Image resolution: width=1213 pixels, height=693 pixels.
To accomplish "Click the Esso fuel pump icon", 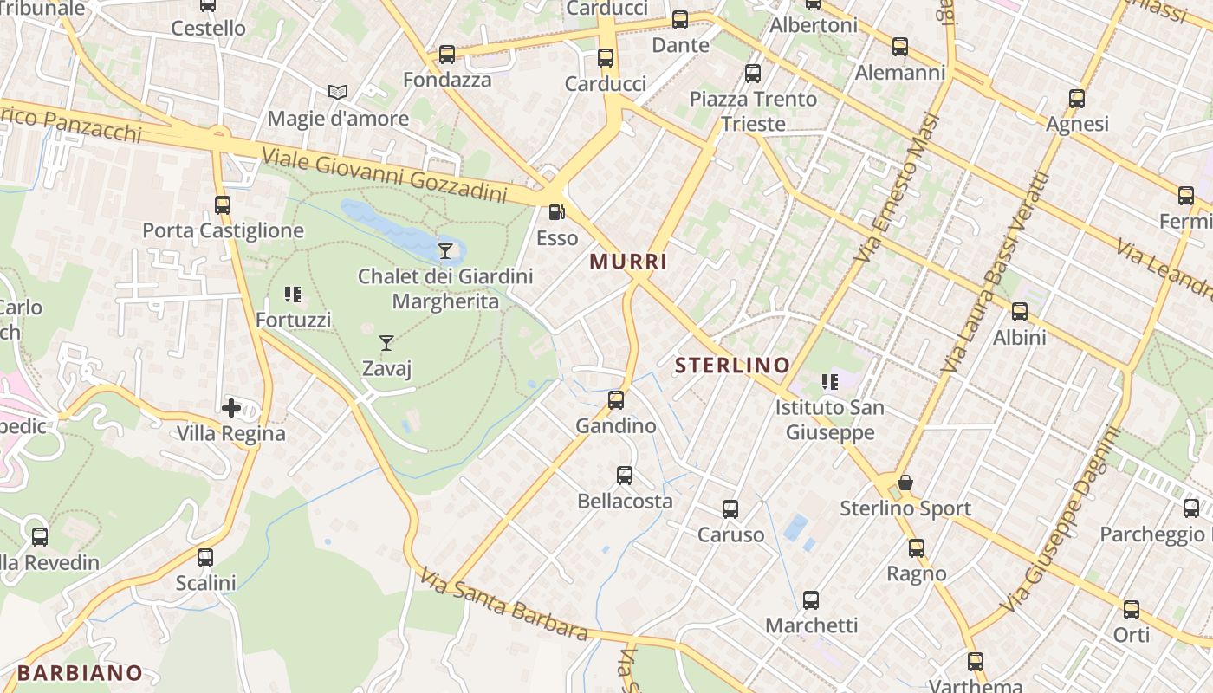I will coord(556,212).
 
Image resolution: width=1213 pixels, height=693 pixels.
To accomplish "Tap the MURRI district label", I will coord(628,261).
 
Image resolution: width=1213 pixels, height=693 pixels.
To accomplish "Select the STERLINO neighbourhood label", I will coord(732,366).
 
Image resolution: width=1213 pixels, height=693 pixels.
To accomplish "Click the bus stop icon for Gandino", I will coord(616,400).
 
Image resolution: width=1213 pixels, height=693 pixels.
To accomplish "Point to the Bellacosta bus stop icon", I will coord(625,476).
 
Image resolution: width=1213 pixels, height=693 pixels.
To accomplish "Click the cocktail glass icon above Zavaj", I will coord(386,343).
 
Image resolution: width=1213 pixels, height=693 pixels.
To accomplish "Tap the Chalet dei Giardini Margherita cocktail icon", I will coord(445,251).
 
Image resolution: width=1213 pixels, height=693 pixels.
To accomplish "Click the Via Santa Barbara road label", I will coord(504,604).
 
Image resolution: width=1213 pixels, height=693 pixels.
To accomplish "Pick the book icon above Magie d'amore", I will coord(337,92).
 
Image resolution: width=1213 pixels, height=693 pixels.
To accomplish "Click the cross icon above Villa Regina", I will coord(231,407).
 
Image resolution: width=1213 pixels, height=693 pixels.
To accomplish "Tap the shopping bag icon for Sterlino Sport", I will coord(905,483).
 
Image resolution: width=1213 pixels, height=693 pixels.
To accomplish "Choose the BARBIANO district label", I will coord(80,672).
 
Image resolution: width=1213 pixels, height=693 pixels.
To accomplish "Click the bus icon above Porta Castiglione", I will coord(223,205).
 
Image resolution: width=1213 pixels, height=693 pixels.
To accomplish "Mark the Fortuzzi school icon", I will coord(293,295).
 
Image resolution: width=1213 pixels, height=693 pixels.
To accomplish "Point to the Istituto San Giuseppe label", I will coord(829,419).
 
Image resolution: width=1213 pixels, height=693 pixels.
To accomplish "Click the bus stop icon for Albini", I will coord(1020,312).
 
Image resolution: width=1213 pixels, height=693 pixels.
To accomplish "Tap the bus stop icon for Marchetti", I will coord(811,599).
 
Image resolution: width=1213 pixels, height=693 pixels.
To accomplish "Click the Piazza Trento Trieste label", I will coord(753,111).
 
